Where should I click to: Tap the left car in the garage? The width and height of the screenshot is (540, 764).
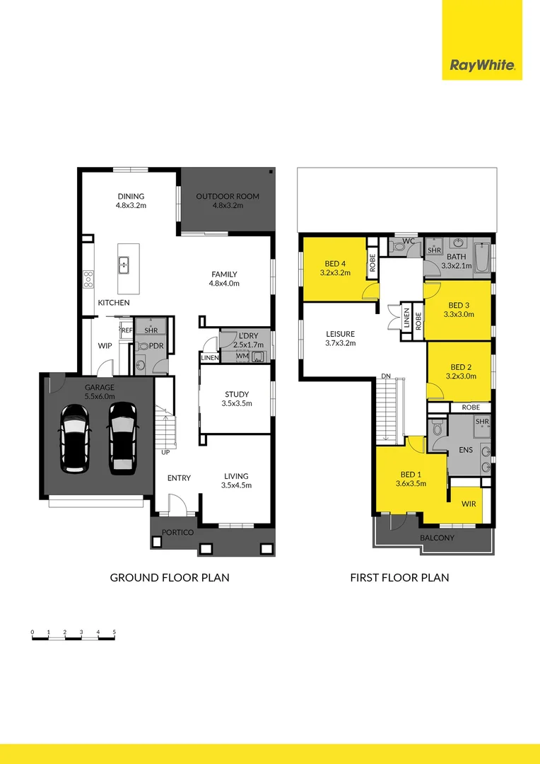click(76, 438)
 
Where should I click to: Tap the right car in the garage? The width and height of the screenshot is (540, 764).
click(122, 438)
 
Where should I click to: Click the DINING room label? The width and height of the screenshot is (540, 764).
click(131, 197)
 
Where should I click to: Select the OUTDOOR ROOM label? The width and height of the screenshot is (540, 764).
click(228, 197)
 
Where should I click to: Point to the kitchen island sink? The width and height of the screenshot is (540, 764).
click(124, 265)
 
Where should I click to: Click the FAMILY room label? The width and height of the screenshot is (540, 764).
click(224, 274)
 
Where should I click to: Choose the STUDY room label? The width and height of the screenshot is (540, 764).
click(237, 394)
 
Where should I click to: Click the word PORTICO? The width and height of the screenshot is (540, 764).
click(177, 533)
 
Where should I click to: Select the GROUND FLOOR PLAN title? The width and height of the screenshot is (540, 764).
click(170, 577)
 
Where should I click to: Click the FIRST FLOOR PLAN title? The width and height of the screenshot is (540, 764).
click(399, 577)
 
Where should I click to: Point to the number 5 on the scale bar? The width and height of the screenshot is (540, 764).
click(114, 631)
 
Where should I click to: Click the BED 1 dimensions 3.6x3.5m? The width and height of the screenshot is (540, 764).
click(411, 484)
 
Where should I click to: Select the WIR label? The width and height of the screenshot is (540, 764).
click(469, 504)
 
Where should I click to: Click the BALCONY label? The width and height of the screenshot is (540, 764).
click(437, 538)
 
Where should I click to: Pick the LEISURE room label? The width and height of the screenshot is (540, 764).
click(340, 334)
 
